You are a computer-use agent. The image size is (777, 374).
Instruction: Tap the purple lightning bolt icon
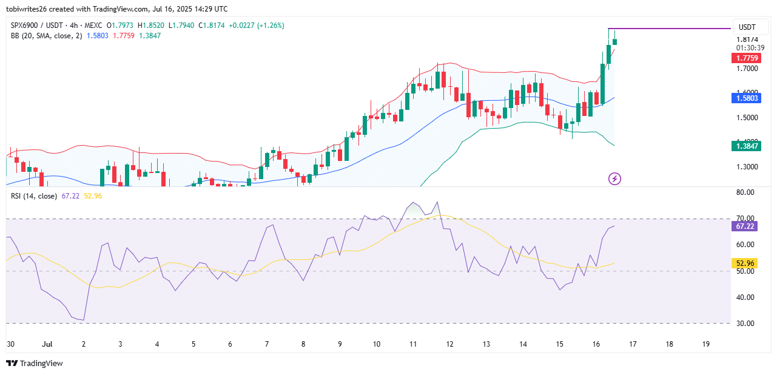614,178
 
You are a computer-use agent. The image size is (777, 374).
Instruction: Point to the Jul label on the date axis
47,344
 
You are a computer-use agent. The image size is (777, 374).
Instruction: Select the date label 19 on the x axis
706,344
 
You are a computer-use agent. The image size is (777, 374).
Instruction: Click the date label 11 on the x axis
413,344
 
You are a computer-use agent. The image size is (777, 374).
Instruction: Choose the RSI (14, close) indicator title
33,196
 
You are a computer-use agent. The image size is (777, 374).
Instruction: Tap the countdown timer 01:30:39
750,47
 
